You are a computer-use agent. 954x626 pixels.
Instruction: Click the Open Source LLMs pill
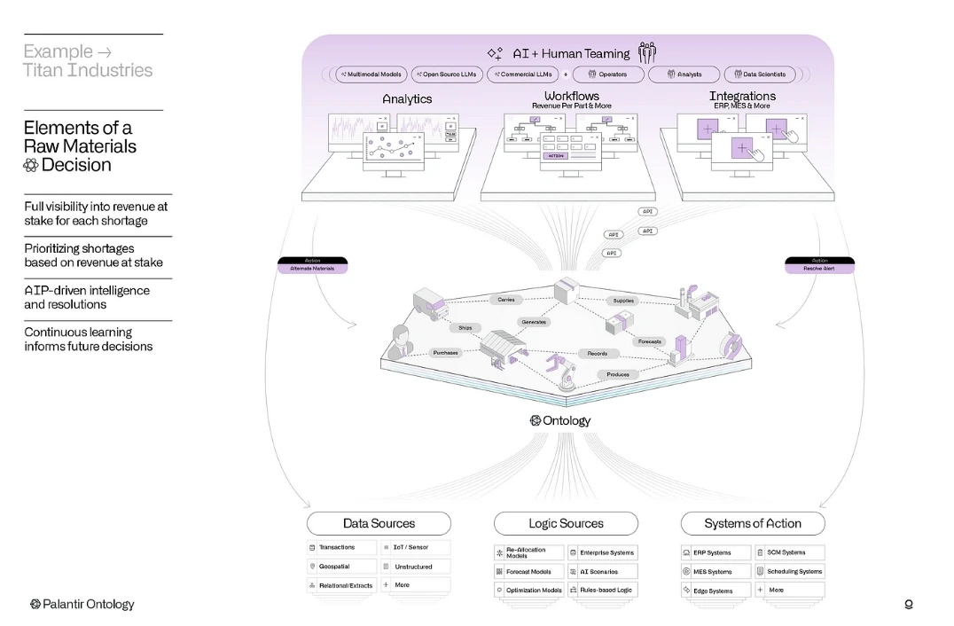point(447,74)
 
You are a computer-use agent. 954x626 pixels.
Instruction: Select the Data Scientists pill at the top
point(760,74)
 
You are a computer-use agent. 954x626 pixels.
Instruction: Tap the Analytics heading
point(407,99)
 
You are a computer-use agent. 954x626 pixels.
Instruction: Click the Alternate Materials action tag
point(312,265)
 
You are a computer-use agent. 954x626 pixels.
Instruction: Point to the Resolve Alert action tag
point(819,265)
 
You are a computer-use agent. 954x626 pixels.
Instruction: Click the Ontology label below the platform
point(560,420)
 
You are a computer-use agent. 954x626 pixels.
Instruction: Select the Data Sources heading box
point(379,523)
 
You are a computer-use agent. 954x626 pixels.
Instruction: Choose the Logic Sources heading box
point(566,523)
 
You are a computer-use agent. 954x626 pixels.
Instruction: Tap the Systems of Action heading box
point(753,523)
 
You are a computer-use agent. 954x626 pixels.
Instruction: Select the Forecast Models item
point(529,572)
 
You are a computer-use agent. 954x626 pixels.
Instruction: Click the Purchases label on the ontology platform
point(445,352)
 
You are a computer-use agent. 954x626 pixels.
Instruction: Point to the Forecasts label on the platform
point(650,341)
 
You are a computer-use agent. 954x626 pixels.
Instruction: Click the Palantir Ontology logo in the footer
point(82,604)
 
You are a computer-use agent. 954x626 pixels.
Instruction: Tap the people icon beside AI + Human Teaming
point(647,52)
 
